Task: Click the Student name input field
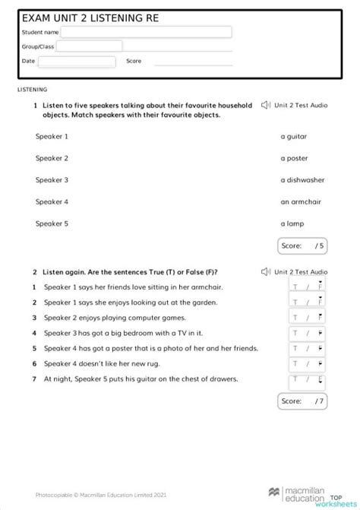(146, 32)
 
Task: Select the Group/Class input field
(88, 46)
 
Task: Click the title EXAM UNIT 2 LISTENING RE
(91, 17)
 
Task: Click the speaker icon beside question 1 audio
(266, 106)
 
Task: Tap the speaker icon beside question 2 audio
(266, 271)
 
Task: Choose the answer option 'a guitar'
(294, 137)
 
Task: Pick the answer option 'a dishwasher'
(302, 180)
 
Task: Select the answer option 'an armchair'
(301, 202)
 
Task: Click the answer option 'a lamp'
(292, 223)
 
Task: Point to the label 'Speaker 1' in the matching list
(52, 137)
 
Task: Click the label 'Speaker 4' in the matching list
(52, 202)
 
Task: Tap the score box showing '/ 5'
(302, 245)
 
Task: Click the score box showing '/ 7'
(302, 401)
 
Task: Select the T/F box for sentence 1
(307, 287)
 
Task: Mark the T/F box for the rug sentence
(307, 364)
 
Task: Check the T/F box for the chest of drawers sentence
(307, 380)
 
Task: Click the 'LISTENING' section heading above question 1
(32, 90)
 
